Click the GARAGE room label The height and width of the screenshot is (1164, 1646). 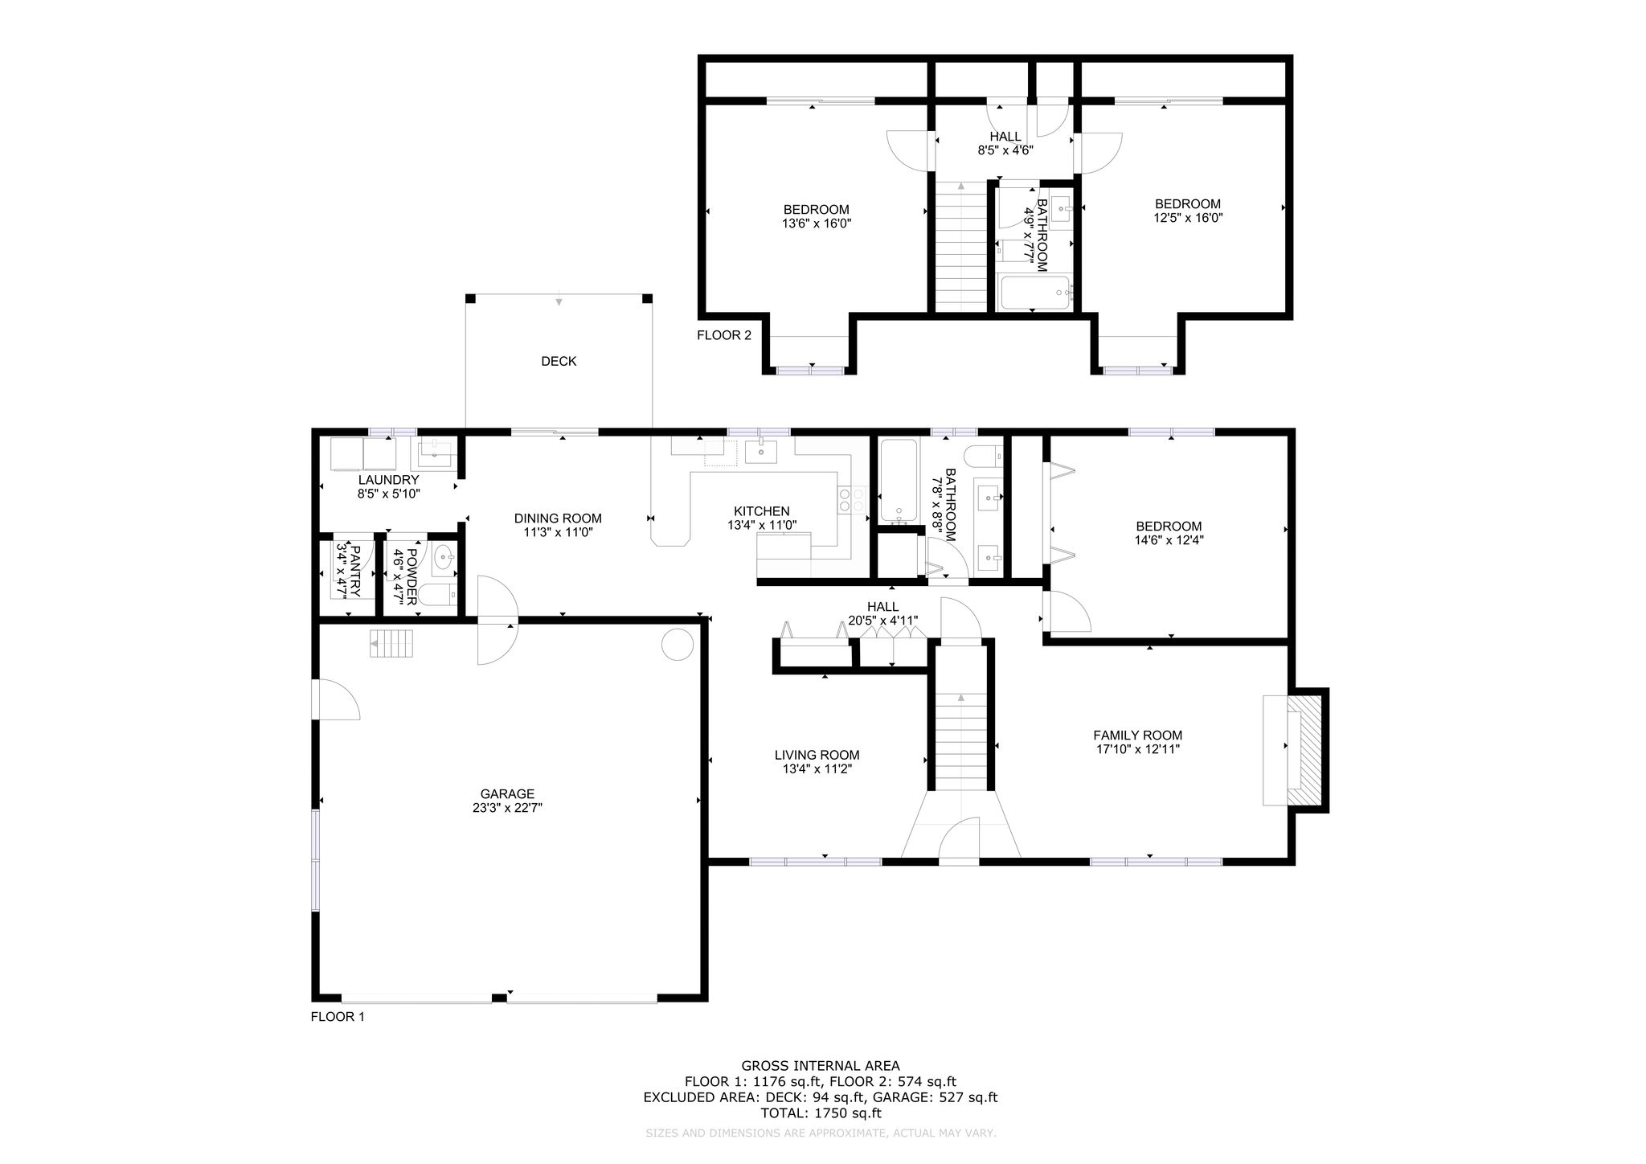pos(507,793)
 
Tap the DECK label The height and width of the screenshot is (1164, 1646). pos(559,361)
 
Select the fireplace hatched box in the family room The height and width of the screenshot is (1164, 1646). pos(1304,749)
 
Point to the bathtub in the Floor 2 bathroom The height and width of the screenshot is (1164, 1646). pos(1034,293)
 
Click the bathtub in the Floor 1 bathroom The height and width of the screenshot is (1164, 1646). pos(899,481)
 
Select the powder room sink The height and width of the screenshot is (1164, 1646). pos(444,556)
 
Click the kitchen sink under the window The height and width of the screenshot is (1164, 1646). pos(760,452)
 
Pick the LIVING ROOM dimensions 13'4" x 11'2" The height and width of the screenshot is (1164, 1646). pos(817,768)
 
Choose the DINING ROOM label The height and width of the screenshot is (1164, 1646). pos(558,518)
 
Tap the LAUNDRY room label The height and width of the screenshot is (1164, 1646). pos(389,480)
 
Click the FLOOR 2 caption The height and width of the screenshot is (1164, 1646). pos(724,335)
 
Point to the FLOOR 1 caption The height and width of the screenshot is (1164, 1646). pos(338,1017)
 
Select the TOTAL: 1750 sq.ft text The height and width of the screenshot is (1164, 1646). pos(821,1113)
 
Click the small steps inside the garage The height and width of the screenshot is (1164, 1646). pos(391,644)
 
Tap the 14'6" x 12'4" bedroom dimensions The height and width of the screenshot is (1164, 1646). pos(1169,540)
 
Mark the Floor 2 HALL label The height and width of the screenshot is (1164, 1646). pos(1005,137)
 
